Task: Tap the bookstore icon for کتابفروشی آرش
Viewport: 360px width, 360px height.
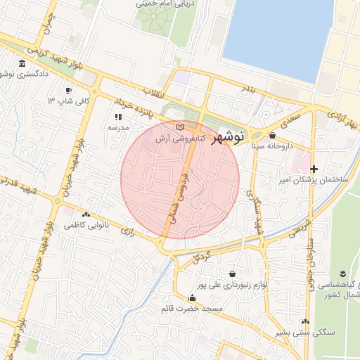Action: coord(181,127)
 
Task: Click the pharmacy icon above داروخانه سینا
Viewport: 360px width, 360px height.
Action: coord(272,135)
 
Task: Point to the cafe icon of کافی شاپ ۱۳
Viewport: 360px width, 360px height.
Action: coord(68,91)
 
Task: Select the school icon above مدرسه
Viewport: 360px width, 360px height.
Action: coord(117,117)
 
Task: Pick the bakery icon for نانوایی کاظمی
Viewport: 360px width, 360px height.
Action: coord(86,214)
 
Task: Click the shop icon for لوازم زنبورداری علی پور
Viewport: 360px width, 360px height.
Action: coord(232,274)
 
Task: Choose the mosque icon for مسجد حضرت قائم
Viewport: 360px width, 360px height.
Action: coord(192,297)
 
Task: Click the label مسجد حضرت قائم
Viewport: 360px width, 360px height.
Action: coord(192,309)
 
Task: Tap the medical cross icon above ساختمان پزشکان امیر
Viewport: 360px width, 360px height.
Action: coord(314,169)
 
